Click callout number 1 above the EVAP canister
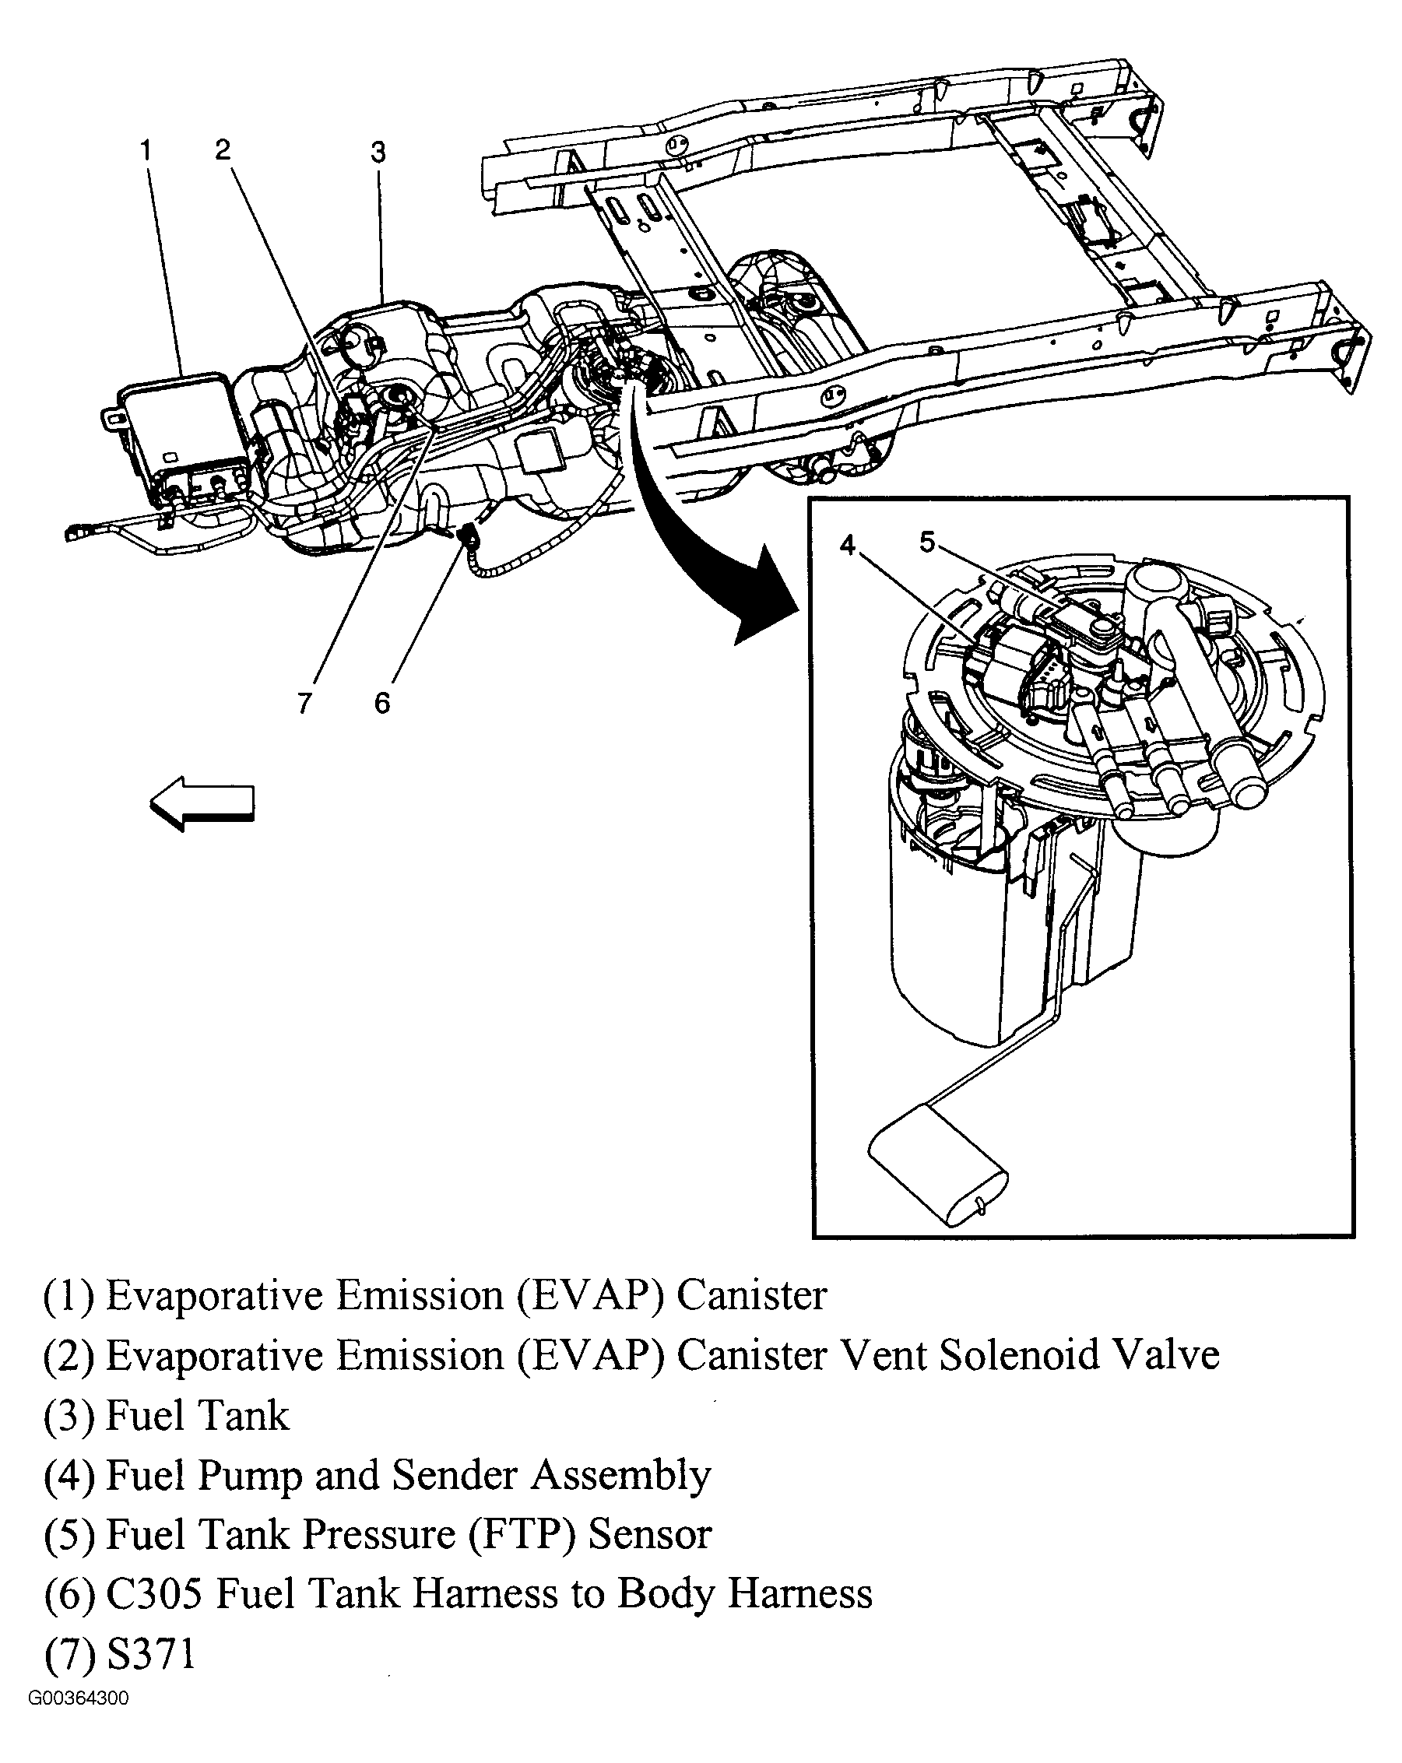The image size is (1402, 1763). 146,150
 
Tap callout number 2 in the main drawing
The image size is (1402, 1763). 223,149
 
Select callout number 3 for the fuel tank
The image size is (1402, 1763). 377,152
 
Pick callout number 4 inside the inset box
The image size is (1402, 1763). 849,545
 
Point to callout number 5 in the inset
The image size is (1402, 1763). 927,541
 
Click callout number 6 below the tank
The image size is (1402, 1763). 382,702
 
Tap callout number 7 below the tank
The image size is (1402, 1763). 305,702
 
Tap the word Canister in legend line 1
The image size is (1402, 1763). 751,1295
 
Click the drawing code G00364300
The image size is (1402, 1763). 79,1698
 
